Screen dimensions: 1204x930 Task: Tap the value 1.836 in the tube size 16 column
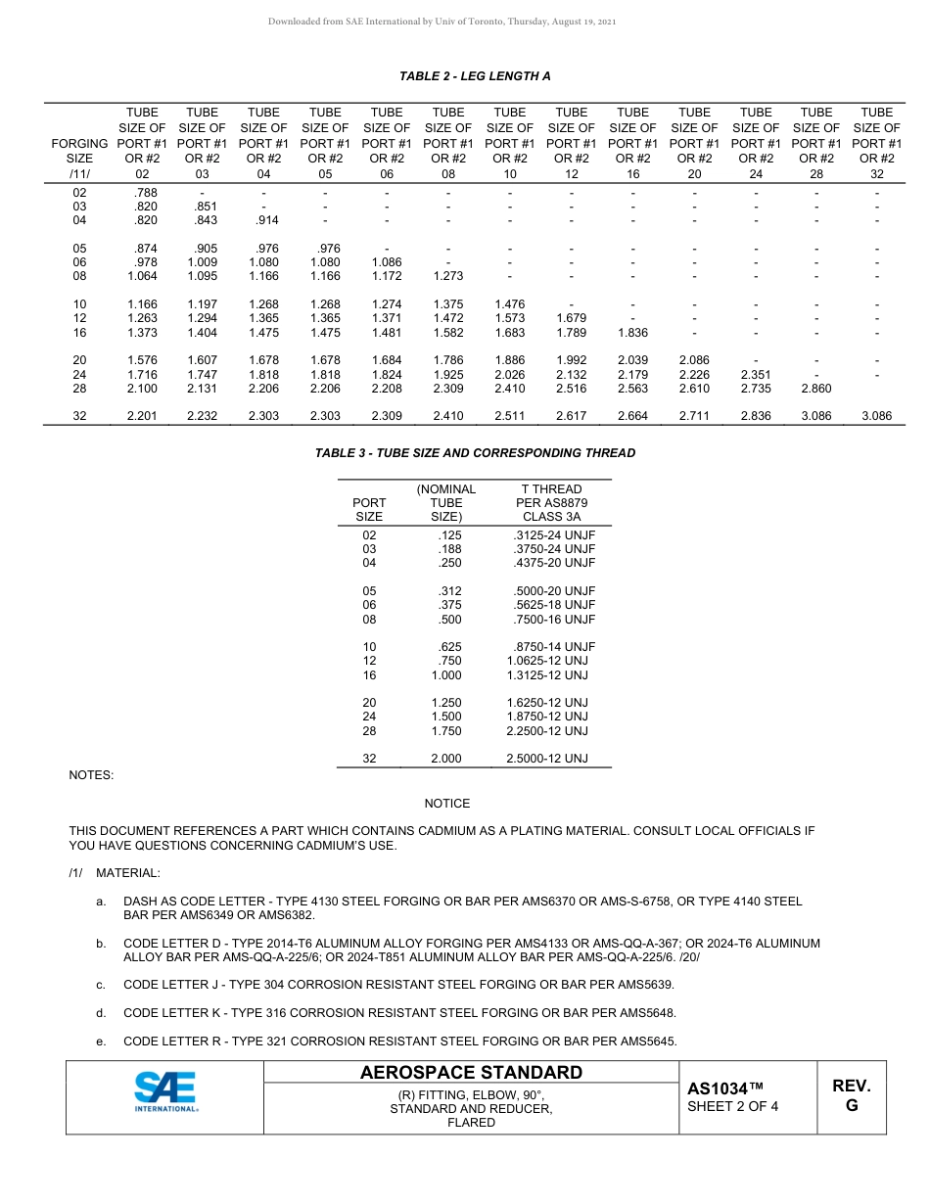click(x=632, y=333)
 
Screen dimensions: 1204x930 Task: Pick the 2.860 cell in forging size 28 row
click(x=816, y=389)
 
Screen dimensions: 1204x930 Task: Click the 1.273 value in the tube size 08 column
click(x=448, y=276)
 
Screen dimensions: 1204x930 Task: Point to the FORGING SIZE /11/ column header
click(x=79, y=158)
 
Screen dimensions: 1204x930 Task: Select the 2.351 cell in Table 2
click(x=756, y=374)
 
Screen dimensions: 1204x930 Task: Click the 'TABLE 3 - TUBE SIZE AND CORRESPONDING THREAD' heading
click(x=475, y=453)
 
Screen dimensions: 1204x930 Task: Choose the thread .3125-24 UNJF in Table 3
click(x=553, y=535)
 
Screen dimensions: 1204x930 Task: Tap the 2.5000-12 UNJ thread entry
click(x=547, y=759)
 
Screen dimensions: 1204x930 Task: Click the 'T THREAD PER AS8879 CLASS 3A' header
click(x=551, y=502)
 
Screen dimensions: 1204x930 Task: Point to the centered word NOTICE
click(x=446, y=804)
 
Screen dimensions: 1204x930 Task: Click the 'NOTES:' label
click(x=91, y=775)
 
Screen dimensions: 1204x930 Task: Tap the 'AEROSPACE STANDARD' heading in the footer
click(x=471, y=1073)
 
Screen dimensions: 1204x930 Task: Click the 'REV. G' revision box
click(x=851, y=1095)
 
